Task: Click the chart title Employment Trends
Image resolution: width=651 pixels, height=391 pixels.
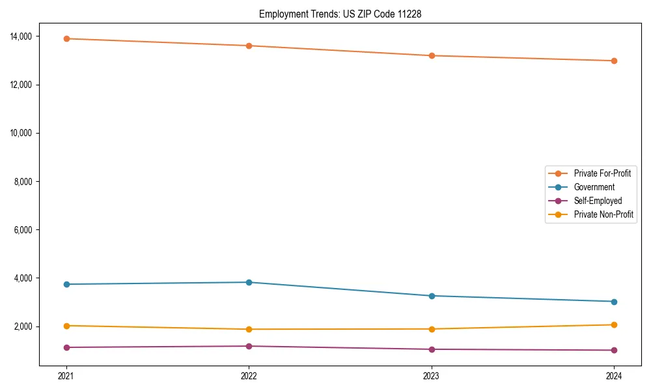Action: (x=340, y=14)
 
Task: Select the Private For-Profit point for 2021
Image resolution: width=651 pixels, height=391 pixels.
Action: (x=66, y=38)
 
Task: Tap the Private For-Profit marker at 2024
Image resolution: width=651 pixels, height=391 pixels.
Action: (x=614, y=61)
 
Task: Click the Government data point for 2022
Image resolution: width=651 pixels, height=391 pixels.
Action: (x=249, y=282)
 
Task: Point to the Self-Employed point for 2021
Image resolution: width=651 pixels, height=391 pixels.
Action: (x=66, y=347)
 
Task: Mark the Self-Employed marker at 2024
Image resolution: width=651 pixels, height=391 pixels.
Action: (x=614, y=350)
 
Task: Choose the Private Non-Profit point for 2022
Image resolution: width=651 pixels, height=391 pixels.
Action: (x=249, y=329)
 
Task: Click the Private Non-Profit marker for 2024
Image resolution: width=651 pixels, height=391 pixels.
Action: (x=614, y=325)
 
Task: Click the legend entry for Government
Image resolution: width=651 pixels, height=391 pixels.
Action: (x=594, y=187)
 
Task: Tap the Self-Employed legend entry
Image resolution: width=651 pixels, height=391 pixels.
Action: (x=598, y=201)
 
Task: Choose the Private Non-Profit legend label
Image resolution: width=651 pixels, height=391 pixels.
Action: (x=603, y=214)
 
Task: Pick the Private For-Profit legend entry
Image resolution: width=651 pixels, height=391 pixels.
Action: (x=602, y=173)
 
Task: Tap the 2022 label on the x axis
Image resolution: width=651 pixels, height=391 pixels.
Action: (x=249, y=375)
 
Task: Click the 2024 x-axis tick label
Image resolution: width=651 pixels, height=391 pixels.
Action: (x=614, y=375)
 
